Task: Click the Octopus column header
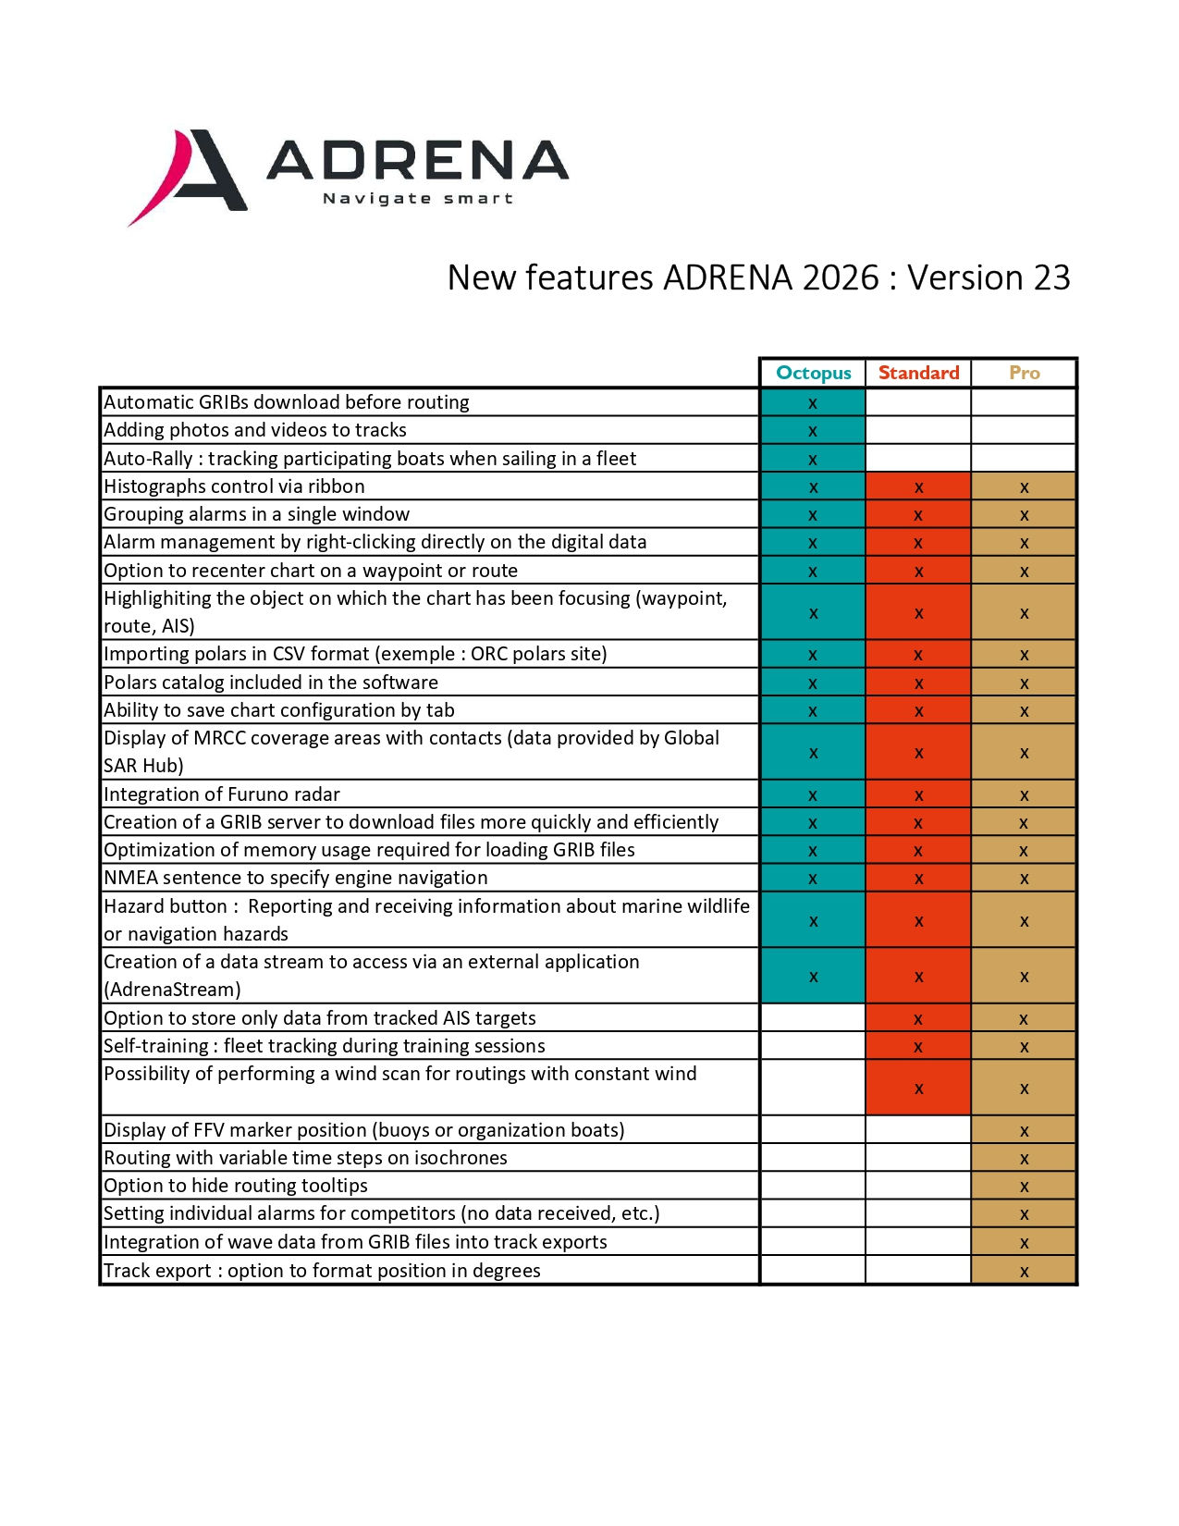click(813, 373)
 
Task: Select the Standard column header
click(918, 373)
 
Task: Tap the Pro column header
click(1024, 373)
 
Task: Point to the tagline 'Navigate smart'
click(417, 198)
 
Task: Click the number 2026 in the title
click(841, 277)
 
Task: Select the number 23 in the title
click(1051, 277)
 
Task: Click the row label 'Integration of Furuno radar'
click(222, 794)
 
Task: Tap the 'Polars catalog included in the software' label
click(271, 683)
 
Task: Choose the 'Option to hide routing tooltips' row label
click(236, 1186)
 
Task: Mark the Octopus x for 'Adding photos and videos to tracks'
click(813, 431)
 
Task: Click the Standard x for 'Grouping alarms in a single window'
click(918, 515)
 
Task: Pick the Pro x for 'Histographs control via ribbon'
click(1024, 487)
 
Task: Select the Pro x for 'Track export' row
click(1024, 1272)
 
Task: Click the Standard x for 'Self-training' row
click(918, 1047)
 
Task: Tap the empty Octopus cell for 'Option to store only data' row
click(813, 1018)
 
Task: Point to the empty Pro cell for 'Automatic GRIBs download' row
click(1024, 402)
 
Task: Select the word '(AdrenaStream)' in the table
click(172, 990)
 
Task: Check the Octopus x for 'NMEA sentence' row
click(813, 879)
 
